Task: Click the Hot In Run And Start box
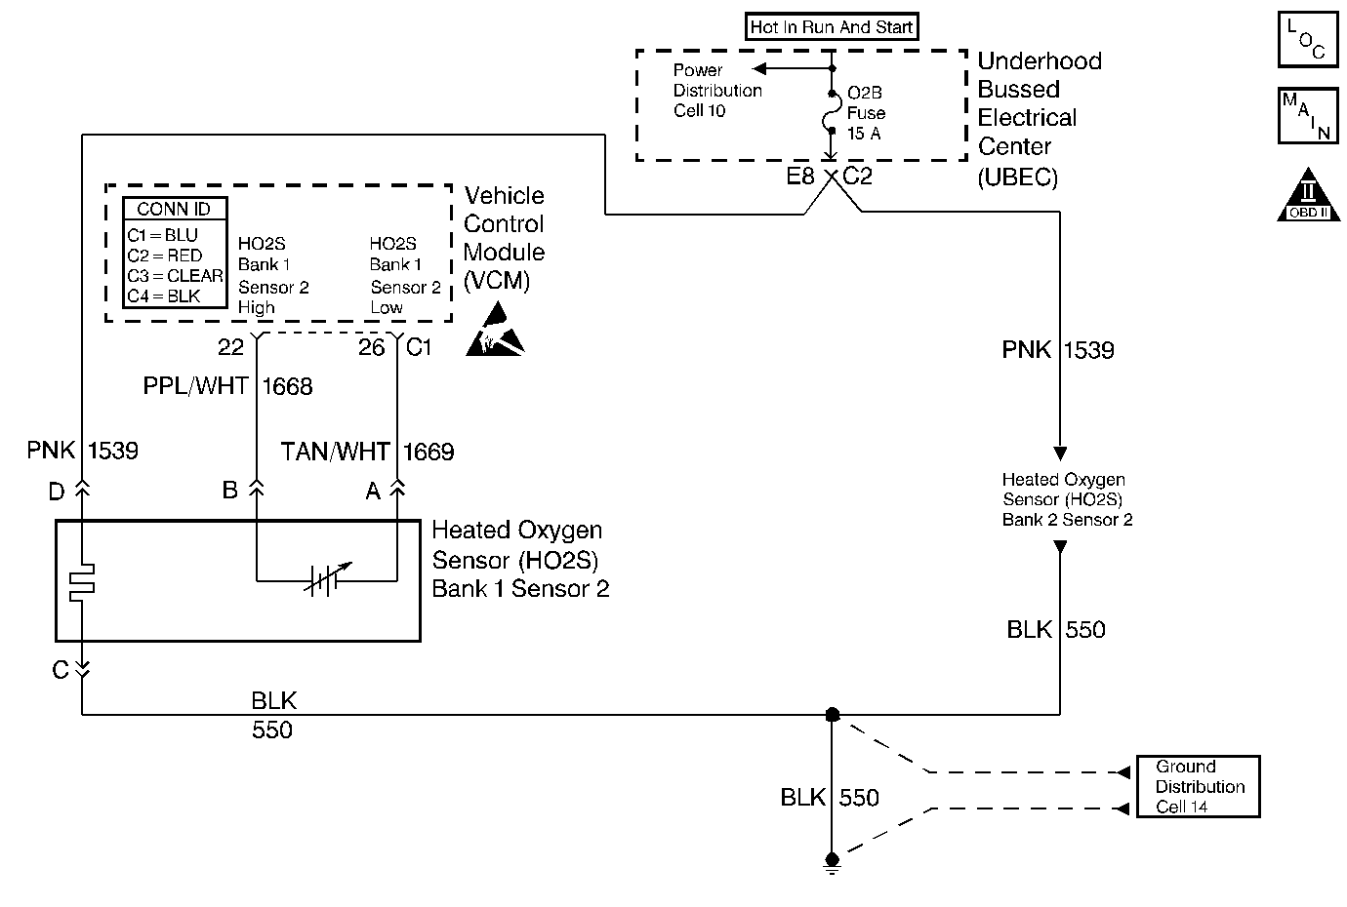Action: tap(832, 27)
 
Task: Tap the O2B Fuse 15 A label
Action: tap(865, 113)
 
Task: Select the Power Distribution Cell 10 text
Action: tap(716, 91)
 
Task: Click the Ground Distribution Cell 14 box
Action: tap(1199, 786)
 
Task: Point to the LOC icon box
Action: tap(1307, 40)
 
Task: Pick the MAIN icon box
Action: tap(1307, 116)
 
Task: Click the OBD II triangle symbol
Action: tap(1308, 197)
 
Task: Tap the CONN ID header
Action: tap(175, 209)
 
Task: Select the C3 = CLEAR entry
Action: tap(175, 276)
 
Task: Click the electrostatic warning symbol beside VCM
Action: tap(495, 333)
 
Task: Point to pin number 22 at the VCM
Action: tap(230, 347)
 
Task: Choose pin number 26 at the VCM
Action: tap(371, 347)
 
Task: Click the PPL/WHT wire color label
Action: tap(196, 386)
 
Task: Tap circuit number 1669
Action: tap(429, 452)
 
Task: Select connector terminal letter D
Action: tap(57, 492)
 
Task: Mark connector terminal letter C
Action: tap(61, 670)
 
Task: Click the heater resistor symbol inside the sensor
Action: tap(81, 580)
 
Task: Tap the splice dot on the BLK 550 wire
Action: tap(832, 715)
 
